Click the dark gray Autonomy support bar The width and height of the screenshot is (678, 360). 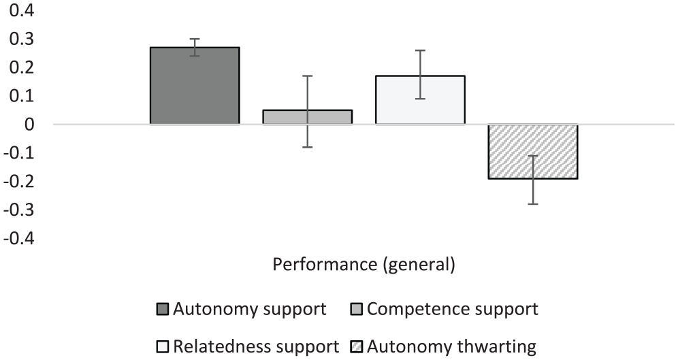tap(195, 86)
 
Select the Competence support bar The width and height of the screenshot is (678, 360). tap(308, 117)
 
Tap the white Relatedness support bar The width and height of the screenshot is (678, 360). tap(420, 100)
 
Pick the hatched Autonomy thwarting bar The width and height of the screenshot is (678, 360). tap(533, 151)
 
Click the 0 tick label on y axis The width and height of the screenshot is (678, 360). tap(29, 125)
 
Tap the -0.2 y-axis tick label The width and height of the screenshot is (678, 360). tap(17, 182)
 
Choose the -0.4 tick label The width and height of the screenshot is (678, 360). tap(17, 239)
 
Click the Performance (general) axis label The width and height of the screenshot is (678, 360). tap(364, 264)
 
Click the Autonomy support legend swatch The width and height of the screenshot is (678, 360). tap(163, 310)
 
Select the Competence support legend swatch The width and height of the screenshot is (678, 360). tap(357, 310)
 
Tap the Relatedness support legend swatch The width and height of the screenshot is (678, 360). tap(163, 346)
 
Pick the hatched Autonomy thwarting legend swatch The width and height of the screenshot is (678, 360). tap(357, 346)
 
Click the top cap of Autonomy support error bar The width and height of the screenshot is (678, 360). tap(195, 39)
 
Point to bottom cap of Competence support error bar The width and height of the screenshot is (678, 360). tap(308, 147)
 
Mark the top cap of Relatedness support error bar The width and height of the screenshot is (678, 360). tap(420, 50)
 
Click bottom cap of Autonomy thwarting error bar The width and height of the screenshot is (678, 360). tap(533, 204)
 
